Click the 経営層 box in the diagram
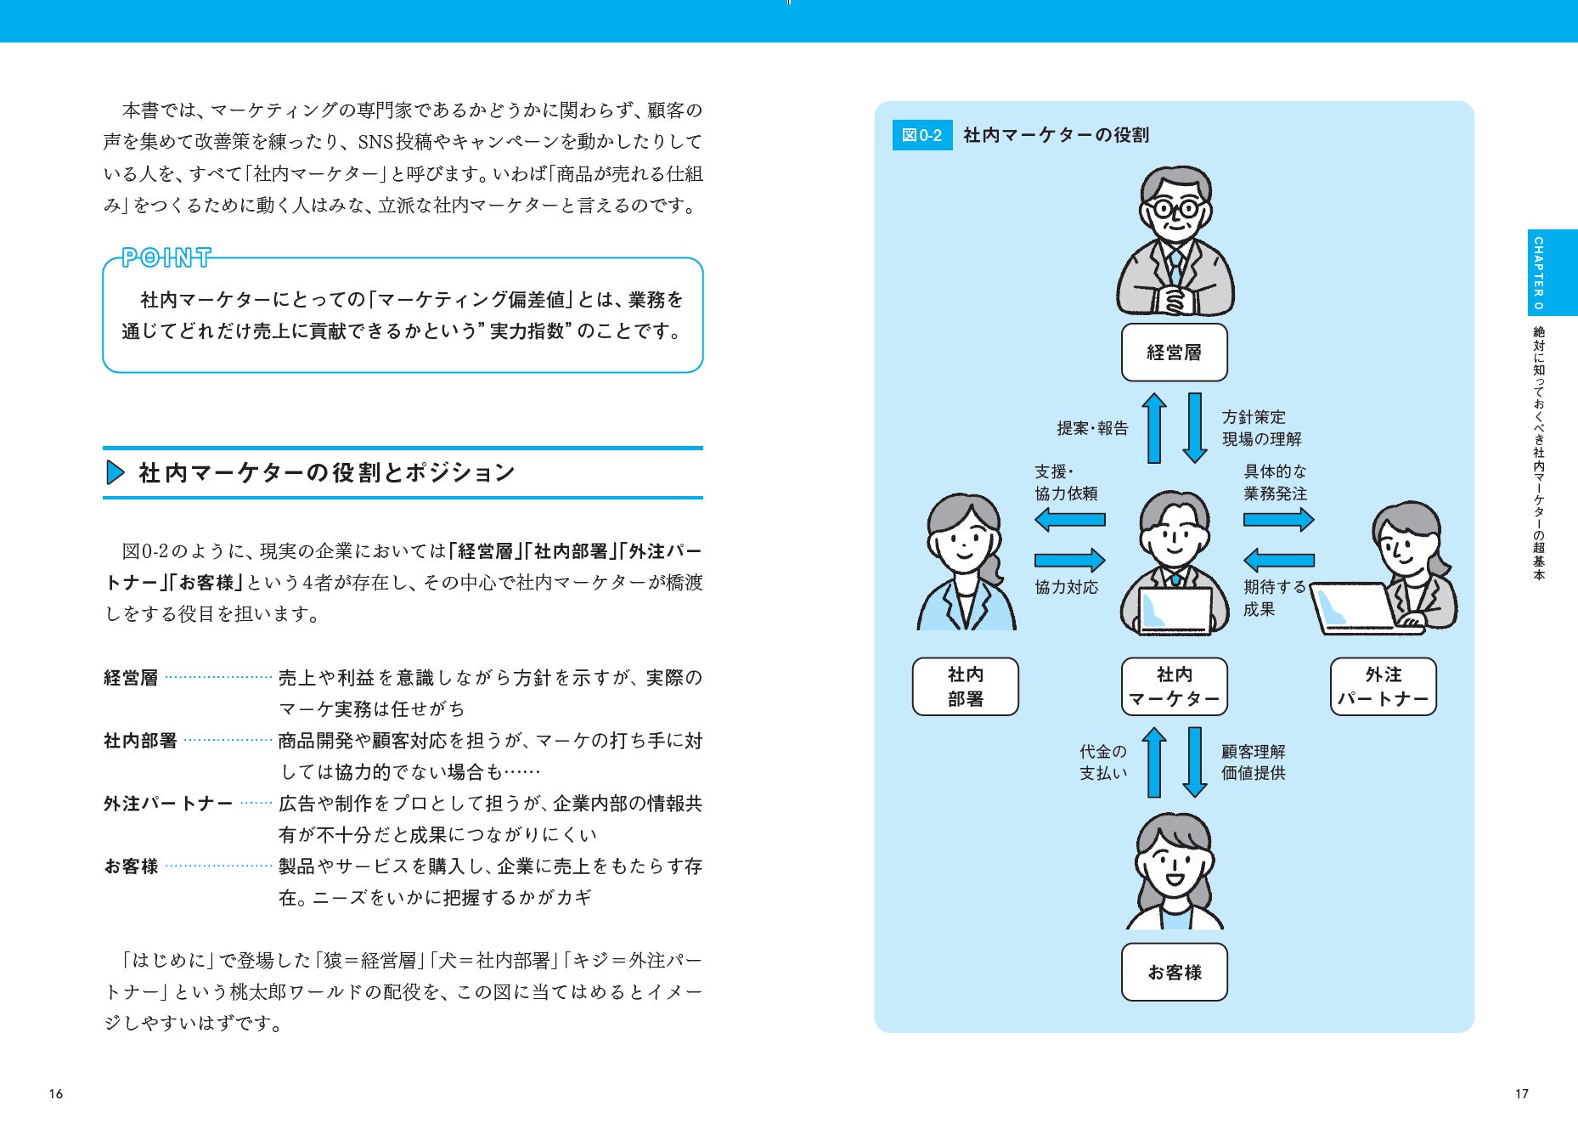point(1174,353)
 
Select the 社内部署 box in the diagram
point(965,686)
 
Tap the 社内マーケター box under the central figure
point(1174,686)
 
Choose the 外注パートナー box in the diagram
point(1383,686)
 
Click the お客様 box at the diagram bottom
point(1174,972)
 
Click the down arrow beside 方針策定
point(1195,427)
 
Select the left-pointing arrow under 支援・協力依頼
point(1069,519)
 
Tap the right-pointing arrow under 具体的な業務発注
point(1278,519)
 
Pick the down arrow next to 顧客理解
point(1195,762)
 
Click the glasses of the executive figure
point(1175,207)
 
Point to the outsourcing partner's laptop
point(1355,607)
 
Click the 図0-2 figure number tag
point(921,135)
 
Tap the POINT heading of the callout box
point(166,257)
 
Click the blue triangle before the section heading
point(115,472)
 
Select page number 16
point(56,1093)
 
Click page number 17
point(1521,1093)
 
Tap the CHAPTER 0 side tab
point(1538,273)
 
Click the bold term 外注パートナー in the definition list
point(168,804)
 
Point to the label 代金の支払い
point(1102,762)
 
